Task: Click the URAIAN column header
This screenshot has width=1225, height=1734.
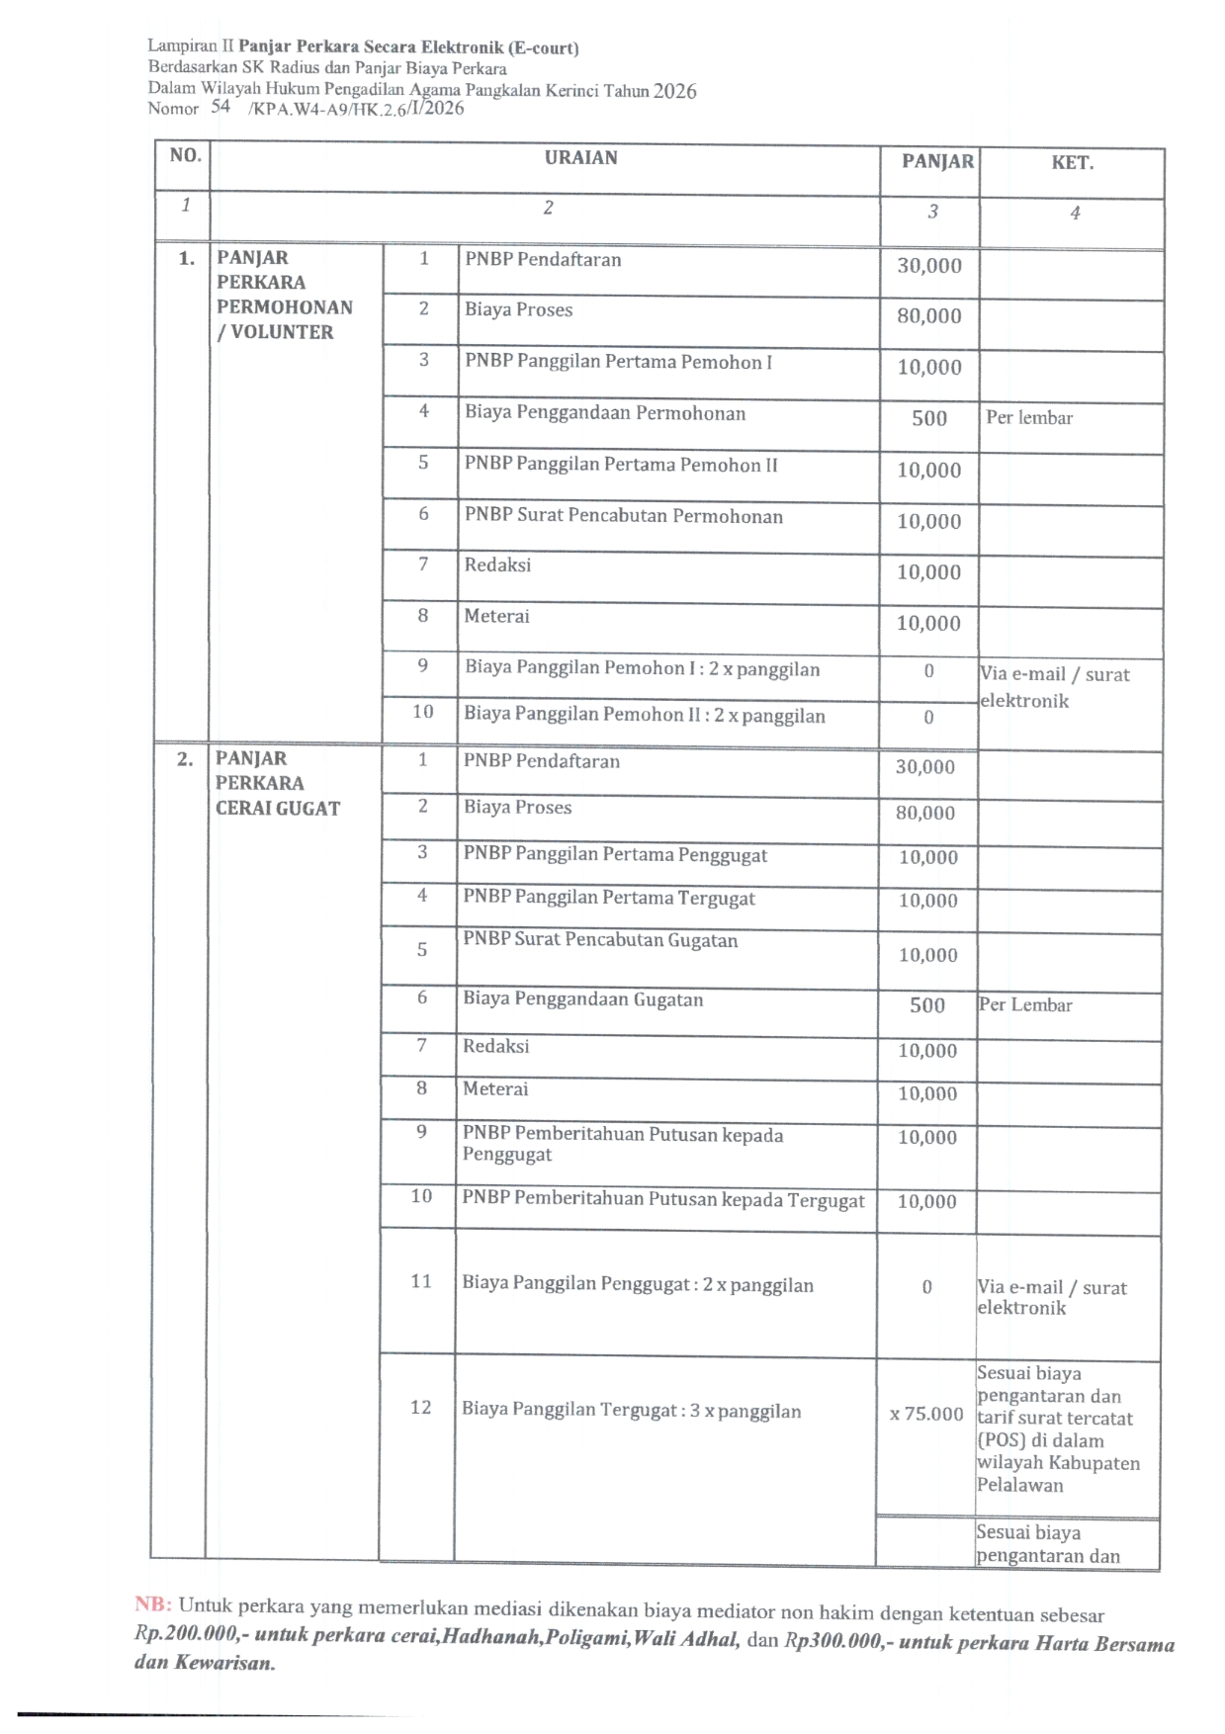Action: coord(580,158)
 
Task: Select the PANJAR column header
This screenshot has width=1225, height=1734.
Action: coord(937,161)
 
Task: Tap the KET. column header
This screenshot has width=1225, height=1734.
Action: coord(1072,163)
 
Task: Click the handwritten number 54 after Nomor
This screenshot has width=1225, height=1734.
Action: coord(219,107)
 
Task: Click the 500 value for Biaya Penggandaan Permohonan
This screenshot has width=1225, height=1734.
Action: coord(928,418)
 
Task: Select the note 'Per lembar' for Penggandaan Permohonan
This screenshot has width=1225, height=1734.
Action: coord(1028,418)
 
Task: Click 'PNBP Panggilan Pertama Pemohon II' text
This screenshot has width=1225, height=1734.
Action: coord(621,465)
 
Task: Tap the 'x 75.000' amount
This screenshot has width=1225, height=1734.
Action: coord(925,1414)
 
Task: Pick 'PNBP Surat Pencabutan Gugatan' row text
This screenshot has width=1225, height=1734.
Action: coord(600,940)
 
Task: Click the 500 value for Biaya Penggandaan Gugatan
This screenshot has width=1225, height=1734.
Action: coord(926,1005)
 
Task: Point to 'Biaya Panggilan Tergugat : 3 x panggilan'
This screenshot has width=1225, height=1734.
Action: coord(631,1411)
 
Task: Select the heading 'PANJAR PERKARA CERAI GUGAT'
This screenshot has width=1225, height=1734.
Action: coord(277,783)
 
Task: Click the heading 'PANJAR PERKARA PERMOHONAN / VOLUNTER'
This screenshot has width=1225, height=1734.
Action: coord(284,295)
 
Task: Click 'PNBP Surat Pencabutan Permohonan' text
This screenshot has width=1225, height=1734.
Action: coord(623,516)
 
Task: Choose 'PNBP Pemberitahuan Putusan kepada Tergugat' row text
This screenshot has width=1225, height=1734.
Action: coord(662,1200)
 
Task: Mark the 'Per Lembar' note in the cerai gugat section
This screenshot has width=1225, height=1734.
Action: coord(1025,1005)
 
